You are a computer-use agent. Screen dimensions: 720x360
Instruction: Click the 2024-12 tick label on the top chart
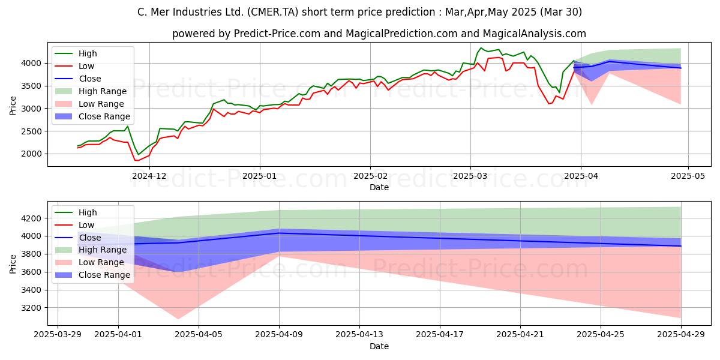(149, 176)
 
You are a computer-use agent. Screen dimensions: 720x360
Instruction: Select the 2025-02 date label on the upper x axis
(370, 176)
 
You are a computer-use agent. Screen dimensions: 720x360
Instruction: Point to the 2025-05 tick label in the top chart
(688, 176)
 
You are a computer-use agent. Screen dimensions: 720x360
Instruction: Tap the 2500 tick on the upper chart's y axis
(31, 131)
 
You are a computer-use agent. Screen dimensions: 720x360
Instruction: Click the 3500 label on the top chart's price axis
(31, 86)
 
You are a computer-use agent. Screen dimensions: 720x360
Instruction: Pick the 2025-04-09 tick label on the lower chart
(279, 335)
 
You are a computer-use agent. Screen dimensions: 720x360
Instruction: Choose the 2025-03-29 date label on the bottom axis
(58, 335)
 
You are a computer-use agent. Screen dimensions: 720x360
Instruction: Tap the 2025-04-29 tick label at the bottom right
(681, 335)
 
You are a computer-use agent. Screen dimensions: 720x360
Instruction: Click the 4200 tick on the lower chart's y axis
(31, 218)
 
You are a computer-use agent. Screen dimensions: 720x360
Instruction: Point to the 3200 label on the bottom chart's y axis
(31, 308)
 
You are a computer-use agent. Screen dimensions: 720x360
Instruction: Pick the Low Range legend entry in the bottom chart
(89, 263)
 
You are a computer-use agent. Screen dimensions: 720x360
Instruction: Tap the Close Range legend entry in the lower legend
(92, 275)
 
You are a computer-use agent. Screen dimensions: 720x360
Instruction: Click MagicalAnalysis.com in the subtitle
(534, 34)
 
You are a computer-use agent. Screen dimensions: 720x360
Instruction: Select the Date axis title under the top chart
(379, 187)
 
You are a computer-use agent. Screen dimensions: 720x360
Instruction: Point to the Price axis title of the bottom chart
(13, 264)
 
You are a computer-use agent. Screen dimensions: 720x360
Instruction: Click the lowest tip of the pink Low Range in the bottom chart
(178, 319)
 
